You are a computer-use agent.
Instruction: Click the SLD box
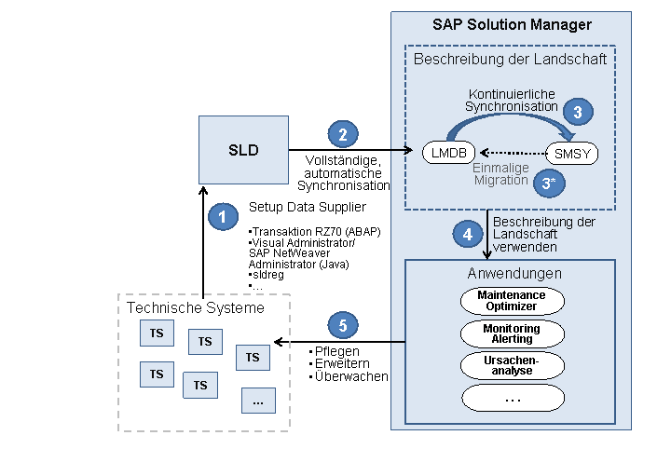pyautogui.click(x=243, y=150)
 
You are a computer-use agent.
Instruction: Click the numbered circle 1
pyautogui.click(x=222, y=217)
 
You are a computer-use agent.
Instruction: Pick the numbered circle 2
pyautogui.click(x=343, y=134)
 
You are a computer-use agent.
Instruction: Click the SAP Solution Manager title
pyautogui.click(x=512, y=25)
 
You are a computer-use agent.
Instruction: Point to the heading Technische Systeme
pyautogui.click(x=196, y=308)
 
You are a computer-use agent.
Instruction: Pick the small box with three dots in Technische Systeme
pyautogui.click(x=258, y=401)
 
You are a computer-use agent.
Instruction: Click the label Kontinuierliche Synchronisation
pyautogui.click(x=513, y=100)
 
